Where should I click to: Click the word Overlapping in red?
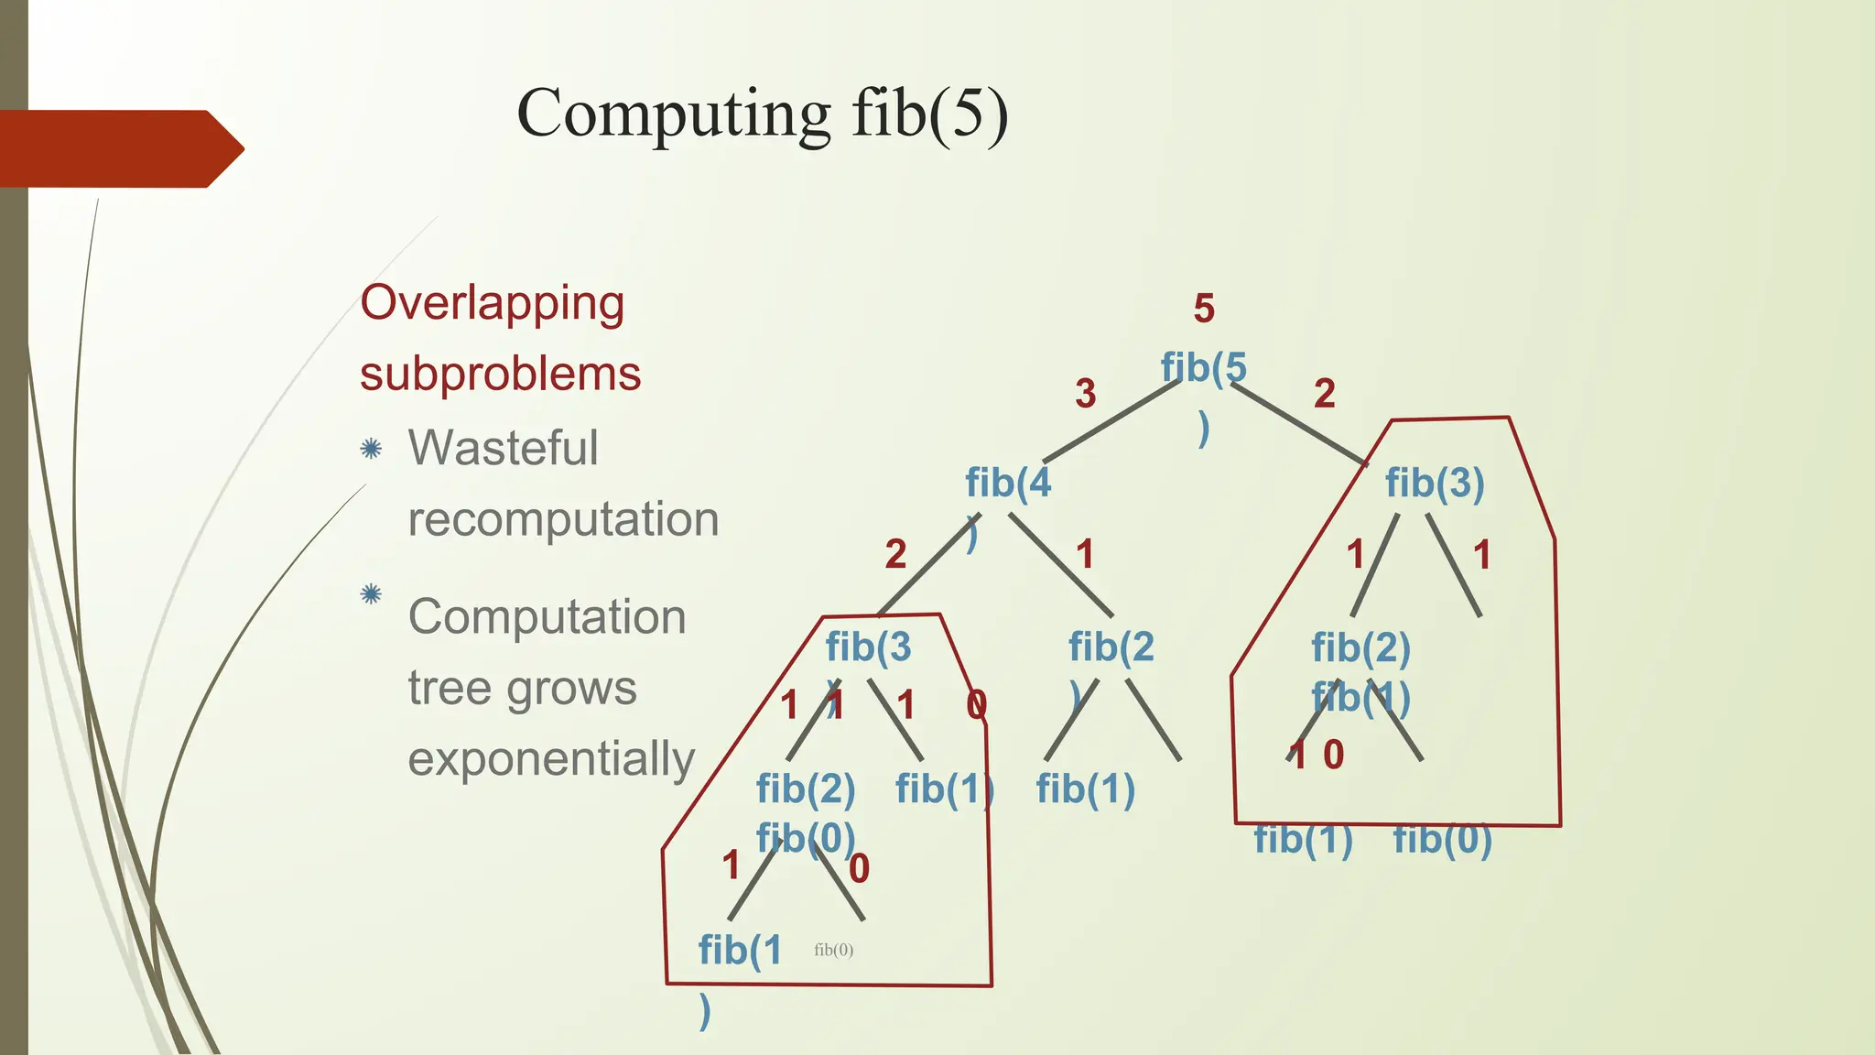tap(493, 304)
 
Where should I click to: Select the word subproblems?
tap(500, 375)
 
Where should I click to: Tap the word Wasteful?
tap(503, 449)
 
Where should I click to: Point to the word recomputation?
tap(563, 519)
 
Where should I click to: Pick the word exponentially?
tap(551, 759)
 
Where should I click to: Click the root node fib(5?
tap(1203, 368)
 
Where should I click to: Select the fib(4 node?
tap(1008, 483)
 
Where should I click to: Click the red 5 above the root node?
tap(1204, 310)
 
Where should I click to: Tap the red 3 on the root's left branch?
tap(1086, 394)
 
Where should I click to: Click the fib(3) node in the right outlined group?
tap(1434, 483)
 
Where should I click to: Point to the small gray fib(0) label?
tap(833, 950)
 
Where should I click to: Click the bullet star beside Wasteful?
tap(371, 449)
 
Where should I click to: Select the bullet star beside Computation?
tap(371, 594)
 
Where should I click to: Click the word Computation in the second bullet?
tap(547, 616)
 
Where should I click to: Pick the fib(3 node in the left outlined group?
tap(868, 647)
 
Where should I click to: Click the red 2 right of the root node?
tap(1324, 394)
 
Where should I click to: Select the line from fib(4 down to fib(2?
tap(1062, 565)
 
